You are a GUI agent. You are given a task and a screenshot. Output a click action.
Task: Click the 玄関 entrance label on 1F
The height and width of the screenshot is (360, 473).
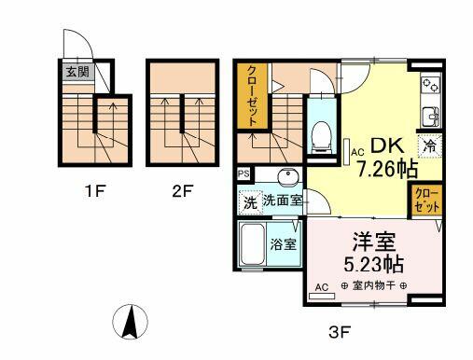tap(77, 72)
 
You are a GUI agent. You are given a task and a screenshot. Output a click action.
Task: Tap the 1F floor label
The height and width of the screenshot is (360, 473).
tap(95, 191)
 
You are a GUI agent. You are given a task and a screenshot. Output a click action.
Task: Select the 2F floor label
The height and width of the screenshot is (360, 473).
tap(183, 191)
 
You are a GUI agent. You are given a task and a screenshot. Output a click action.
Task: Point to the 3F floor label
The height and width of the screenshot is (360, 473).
tap(340, 333)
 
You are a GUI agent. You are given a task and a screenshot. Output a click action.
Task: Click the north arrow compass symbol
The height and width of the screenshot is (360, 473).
tap(130, 322)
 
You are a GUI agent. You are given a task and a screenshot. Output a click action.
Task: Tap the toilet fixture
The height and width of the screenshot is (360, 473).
tap(321, 136)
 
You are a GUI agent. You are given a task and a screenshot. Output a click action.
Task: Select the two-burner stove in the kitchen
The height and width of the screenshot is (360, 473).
tap(431, 84)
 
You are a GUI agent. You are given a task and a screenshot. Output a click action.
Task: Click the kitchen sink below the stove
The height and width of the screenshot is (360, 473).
tap(431, 117)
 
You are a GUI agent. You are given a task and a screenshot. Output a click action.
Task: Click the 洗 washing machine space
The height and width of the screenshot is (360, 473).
tap(250, 202)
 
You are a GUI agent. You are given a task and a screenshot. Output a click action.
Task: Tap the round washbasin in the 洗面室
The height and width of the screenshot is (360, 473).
tap(288, 175)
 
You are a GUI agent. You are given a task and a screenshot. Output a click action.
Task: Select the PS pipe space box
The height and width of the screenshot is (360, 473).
tap(243, 173)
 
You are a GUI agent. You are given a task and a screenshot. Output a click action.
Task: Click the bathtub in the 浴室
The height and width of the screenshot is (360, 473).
tap(253, 244)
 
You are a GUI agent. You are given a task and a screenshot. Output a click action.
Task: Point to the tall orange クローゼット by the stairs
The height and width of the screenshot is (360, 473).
tap(252, 96)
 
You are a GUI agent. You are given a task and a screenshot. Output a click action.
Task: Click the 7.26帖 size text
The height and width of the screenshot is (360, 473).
tap(387, 169)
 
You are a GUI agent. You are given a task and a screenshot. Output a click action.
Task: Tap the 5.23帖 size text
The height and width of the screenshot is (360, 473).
tap(373, 264)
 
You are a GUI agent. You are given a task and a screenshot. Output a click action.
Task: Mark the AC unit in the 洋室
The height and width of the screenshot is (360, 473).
tap(322, 296)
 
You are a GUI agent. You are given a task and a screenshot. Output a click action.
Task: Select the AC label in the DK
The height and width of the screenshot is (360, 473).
tap(357, 152)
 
